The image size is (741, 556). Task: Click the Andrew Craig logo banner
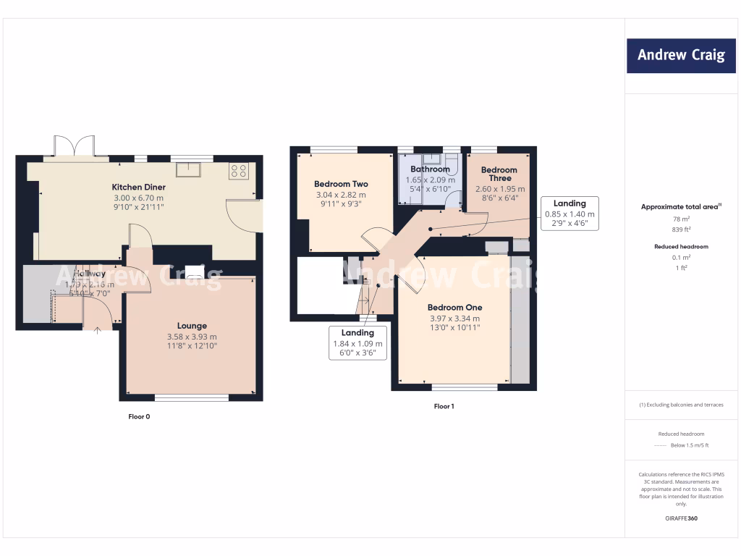pos(680,55)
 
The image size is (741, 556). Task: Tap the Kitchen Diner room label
pos(138,187)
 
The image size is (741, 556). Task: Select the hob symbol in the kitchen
pos(239,171)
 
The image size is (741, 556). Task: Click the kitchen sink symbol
pos(192,170)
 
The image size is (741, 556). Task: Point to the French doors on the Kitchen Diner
pos(75,146)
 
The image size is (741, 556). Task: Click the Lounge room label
pos(192,326)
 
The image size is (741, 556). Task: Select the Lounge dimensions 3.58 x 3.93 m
pos(192,337)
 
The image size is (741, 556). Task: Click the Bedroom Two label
pos(341,184)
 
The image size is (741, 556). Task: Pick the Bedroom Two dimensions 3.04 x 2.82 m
pos(341,195)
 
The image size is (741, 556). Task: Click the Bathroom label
pos(431,169)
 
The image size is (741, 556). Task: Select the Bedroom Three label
pos(500,174)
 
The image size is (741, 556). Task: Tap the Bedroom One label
pos(454,307)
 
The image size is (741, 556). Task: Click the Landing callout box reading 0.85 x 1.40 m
pos(569,214)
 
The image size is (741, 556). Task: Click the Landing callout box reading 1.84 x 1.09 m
pos(357,342)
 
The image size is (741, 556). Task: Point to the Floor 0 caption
pos(139,417)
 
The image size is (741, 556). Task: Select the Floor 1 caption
pos(444,407)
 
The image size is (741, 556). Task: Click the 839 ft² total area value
pos(680,229)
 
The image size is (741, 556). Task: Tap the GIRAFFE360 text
pos(680,518)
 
